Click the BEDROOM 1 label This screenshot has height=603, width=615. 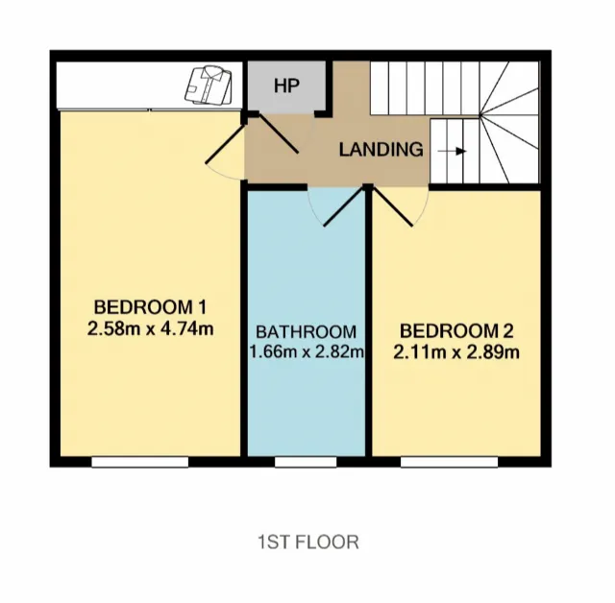150,307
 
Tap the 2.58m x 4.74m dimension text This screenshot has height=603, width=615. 150,328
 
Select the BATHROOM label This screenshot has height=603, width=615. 306,332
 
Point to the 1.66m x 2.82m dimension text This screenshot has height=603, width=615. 306,351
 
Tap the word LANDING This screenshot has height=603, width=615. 381,150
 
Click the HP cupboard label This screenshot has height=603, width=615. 286,85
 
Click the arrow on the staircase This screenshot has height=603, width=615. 455,151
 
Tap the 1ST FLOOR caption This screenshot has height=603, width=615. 307,543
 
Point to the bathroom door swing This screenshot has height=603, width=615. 332,207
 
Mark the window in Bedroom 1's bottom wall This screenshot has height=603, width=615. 139,462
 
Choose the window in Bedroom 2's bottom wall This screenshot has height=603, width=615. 449,462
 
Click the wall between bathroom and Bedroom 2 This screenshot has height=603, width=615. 368,326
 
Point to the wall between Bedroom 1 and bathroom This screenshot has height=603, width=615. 243,326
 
